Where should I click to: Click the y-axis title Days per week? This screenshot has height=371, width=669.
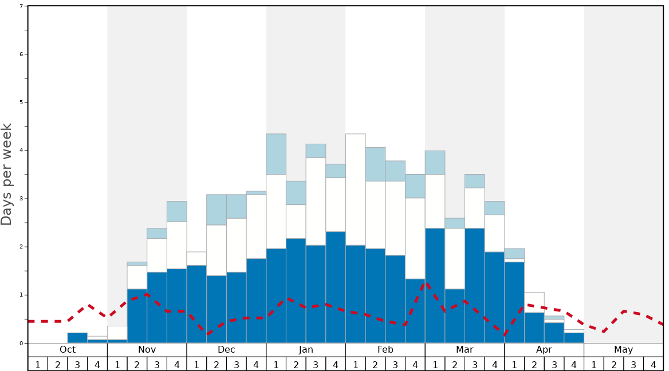[7, 174]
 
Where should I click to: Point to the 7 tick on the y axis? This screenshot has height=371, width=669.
[21, 6]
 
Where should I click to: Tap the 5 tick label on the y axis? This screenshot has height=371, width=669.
[21, 102]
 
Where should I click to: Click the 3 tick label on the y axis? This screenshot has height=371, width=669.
[21, 199]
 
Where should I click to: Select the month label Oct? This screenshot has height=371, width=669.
[68, 350]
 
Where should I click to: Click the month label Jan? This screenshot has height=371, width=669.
[306, 350]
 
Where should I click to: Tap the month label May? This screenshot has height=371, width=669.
[624, 350]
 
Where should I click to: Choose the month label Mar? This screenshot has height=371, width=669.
[465, 350]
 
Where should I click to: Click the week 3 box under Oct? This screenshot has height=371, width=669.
[77, 364]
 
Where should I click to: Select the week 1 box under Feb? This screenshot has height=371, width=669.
[356, 364]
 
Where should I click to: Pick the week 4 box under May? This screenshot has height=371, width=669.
[654, 364]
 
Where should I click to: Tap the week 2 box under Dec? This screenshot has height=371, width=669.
[217, 364]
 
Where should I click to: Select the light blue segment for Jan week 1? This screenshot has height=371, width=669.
[276, 154]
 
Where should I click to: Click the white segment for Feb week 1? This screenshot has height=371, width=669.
[356, 190]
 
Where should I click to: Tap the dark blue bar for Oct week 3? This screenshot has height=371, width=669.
[77, 338]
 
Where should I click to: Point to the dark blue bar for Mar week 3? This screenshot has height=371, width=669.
[475, 286]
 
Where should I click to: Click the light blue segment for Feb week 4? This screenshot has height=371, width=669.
[415, 186]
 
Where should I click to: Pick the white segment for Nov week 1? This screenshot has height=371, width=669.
[117, 333]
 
